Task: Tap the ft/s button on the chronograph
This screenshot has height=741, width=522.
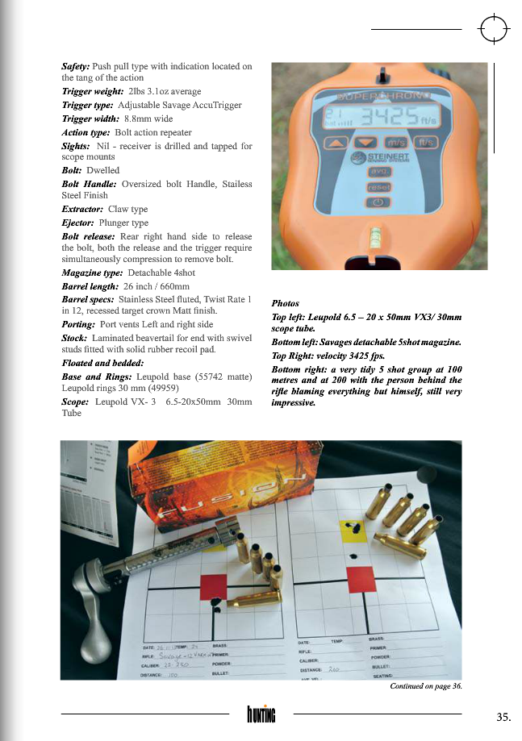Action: [427, 143]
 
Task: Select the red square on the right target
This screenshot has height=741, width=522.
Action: [358, 578]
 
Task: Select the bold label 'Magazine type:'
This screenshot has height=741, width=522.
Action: [92, 273]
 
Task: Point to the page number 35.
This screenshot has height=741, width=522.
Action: [503, 716]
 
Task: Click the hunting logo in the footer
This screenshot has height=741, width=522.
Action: [261, 714]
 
